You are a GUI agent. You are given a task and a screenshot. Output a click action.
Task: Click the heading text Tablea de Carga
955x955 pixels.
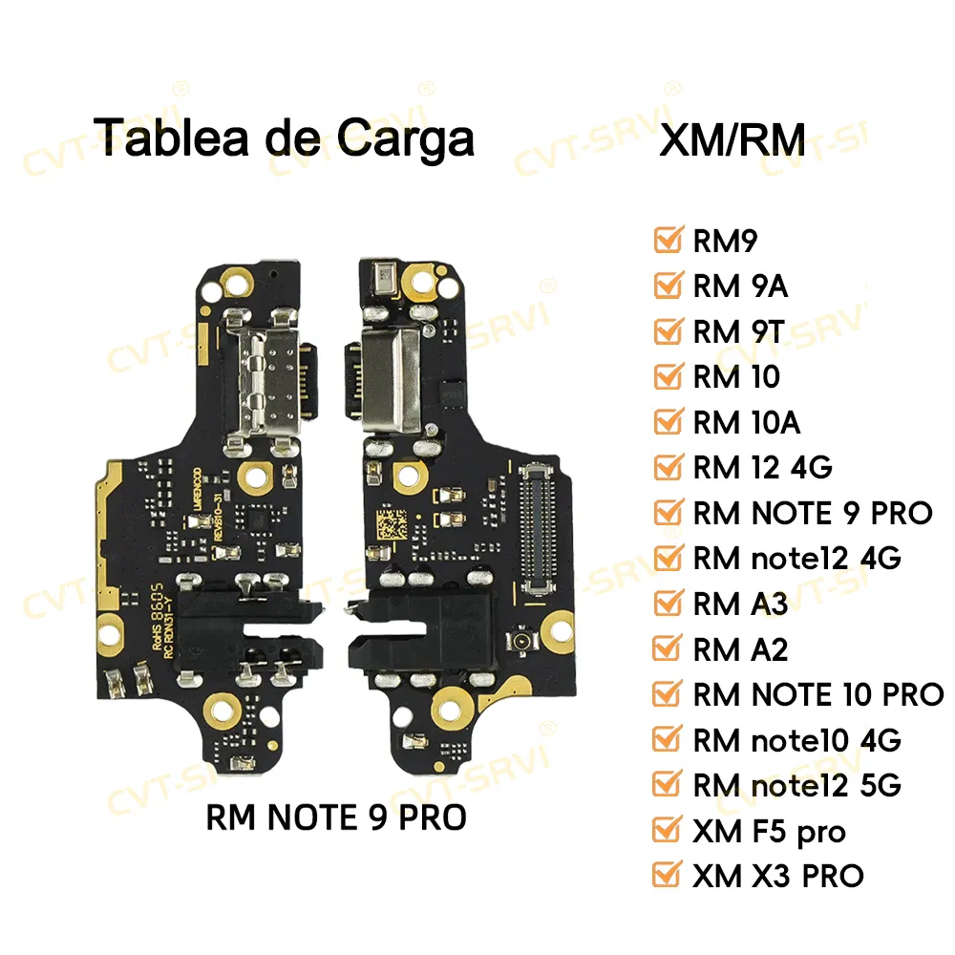tap(286, 137)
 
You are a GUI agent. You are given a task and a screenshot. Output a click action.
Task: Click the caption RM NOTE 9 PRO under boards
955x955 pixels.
tap(336, 818)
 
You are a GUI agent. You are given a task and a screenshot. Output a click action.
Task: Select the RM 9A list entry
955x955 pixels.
tap(740, 285)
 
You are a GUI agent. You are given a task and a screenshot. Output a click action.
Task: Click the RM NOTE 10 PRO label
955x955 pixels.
tap(817, 694)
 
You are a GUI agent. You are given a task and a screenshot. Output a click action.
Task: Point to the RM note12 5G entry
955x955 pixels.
tap(796, 784)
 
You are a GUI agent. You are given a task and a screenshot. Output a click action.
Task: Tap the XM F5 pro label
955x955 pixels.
tap(769, 831)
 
